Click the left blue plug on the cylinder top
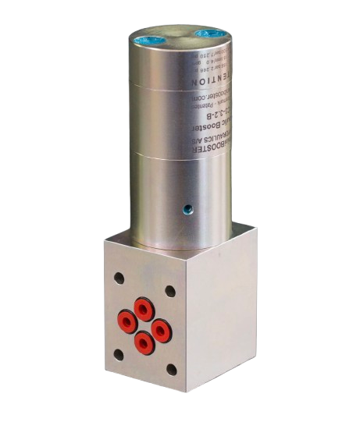[151, 35]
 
